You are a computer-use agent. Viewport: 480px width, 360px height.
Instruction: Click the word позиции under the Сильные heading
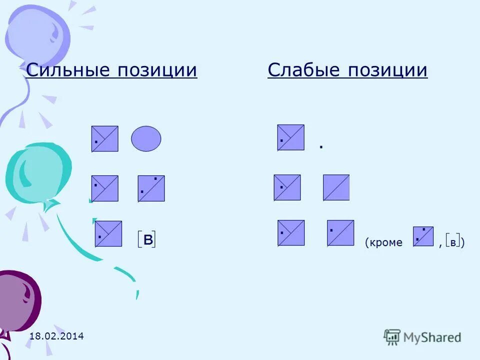pyautogui.click(x=157, y=70)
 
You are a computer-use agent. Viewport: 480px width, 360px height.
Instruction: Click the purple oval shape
pyautogui.click(x=146, y=138)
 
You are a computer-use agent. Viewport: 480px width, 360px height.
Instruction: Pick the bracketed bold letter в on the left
pyautogui.click(x=147, y=239)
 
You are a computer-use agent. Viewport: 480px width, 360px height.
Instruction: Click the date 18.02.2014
pyautogui.click(x=56, y=336)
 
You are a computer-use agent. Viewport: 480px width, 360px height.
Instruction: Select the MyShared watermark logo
pyautogui.click(x=422, y=337)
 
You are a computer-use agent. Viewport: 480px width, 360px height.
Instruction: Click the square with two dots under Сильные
pyautogui.click(x=151, y=188)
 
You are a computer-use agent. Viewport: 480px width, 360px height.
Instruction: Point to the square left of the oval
pyautogui.click(x=105, y=138)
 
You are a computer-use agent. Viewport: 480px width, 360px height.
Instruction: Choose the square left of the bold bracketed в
pyautogui.click(x=108, y=233)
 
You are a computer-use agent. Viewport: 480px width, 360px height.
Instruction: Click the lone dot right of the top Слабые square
pyautogui.click(x=321, y=147)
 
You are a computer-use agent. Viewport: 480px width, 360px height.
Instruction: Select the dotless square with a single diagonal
pyautogui.click(x=336, y=187)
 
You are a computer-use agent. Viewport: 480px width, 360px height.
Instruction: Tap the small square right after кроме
pyautogui.click(x=423, y=236)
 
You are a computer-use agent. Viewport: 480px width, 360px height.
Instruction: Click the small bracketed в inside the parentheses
pyautogui.click(x=453, y=242)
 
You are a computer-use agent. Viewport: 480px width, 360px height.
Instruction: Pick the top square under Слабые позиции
pyautogui.click(x=291, y=137)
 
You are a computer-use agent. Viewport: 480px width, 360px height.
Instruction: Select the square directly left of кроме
pyautogui.click(x=340, y=233)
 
